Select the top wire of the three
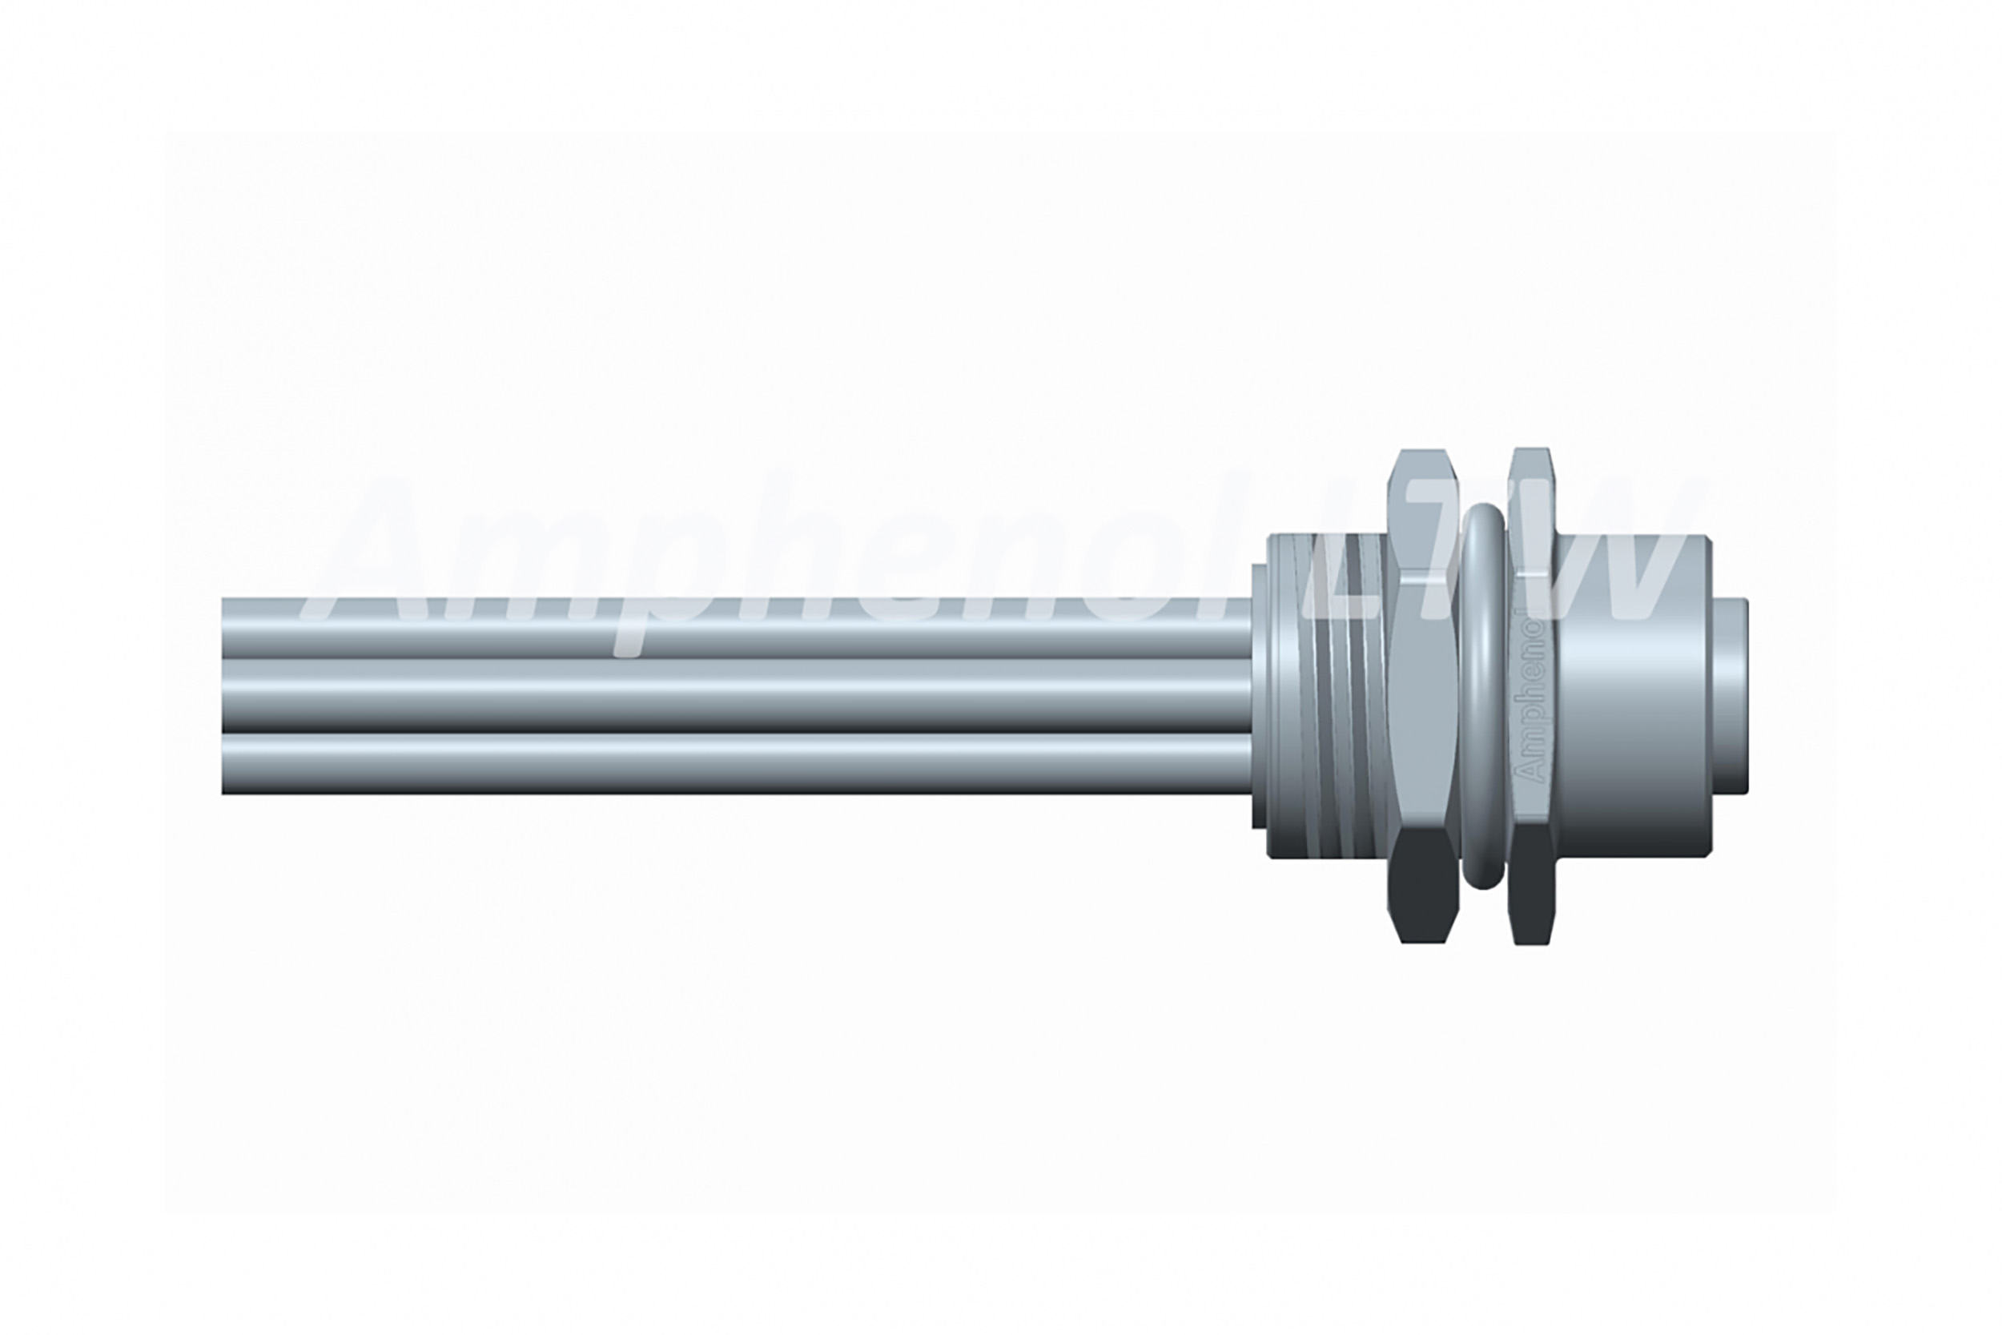(x=736, y=629)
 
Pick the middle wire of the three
(x=736, y=696)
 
